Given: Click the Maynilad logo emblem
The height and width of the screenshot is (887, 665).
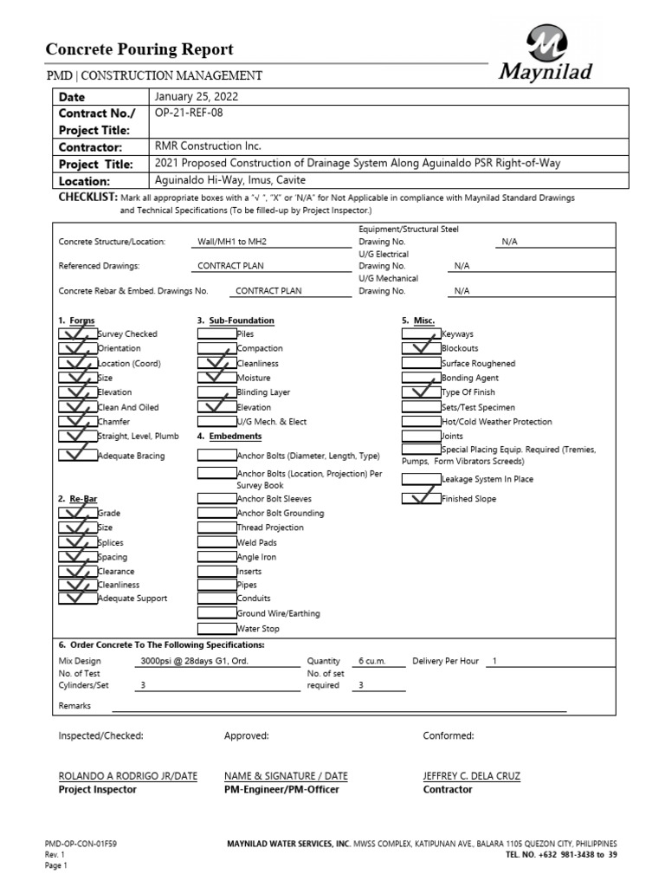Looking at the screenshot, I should (546, 43).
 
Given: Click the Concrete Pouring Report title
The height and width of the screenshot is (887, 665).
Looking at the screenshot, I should (139, 49).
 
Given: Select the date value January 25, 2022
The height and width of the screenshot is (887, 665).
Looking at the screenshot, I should (195, 96).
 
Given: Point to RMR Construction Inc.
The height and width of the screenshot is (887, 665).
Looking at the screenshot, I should (208, 146).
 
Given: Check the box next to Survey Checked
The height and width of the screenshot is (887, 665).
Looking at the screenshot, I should (78, 333).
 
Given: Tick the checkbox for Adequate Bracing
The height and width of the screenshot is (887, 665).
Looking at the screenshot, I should (78, 455).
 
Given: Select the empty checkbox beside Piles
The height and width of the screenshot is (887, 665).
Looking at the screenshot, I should (216, 333).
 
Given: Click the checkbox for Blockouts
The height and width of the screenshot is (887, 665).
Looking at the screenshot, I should (422, 348).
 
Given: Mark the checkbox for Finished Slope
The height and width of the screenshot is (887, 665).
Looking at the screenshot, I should (422, 499).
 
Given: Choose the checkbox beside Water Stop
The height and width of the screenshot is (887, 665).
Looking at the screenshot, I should (216, 628).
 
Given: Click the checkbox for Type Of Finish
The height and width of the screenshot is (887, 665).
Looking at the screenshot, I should (422, 392).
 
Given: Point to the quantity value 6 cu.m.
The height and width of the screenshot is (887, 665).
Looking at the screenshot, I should (372, 661).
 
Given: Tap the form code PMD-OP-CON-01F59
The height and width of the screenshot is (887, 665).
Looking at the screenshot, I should (81, 842).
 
